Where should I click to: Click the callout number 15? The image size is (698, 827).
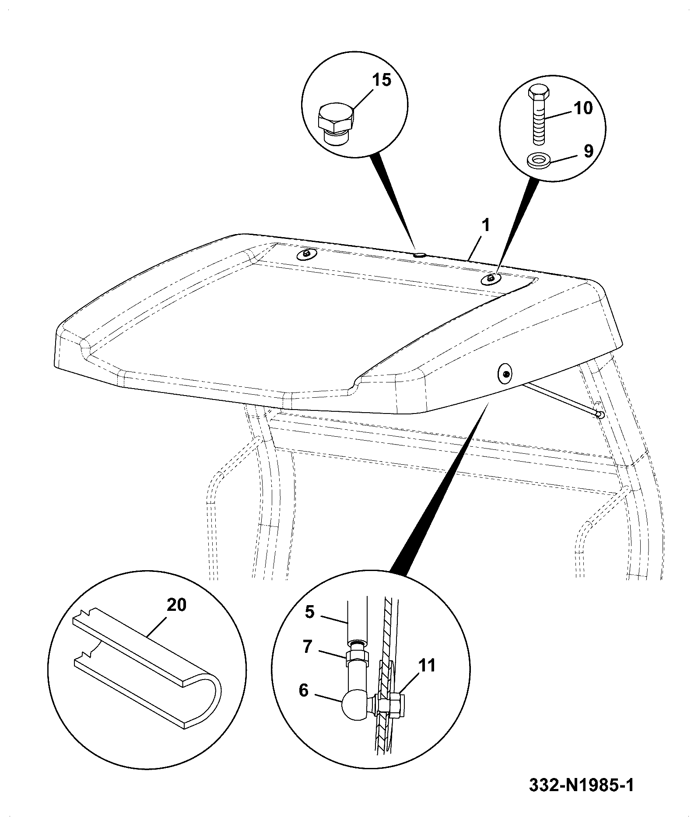pos(381,80)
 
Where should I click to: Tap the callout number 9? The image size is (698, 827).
pos(588,151)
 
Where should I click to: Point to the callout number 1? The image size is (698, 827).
pos(486,225)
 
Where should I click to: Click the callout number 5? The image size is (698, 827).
pos(310,612)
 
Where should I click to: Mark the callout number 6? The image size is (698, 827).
pos(304,690)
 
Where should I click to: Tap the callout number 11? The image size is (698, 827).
pos(427,666)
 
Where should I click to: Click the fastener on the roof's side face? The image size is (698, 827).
pos(505,373)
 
